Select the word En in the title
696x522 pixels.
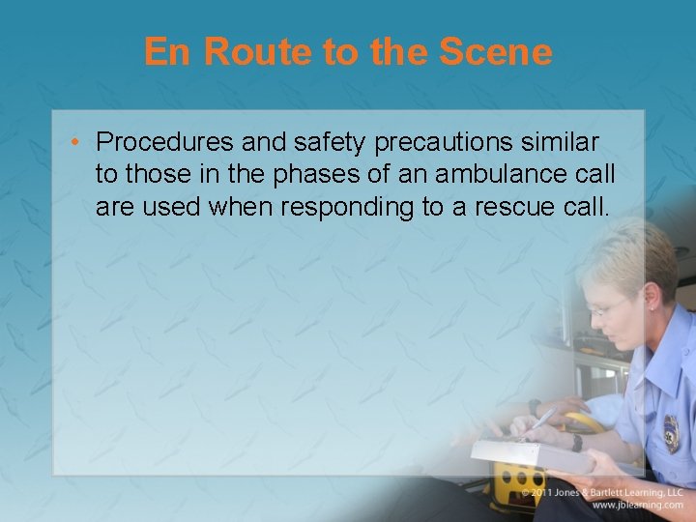click(168, 51)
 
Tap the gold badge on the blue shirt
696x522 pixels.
click(671, 434)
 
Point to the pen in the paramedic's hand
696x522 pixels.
click(541, 419)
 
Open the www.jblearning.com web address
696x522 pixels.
click(637, 505)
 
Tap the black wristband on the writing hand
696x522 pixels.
click(576, 443)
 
